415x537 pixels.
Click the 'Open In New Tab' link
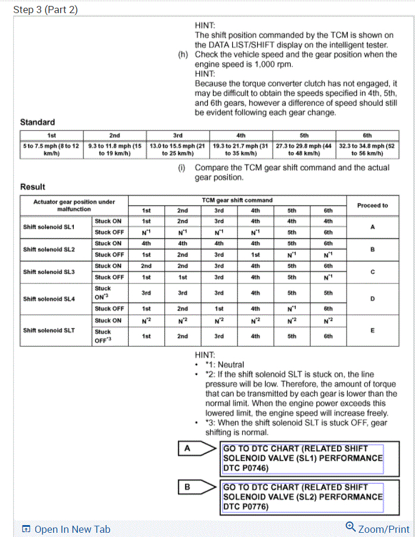(x=66, y=529)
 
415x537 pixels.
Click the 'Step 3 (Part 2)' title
(x=45, y=10)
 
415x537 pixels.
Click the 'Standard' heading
(x=38, y=122)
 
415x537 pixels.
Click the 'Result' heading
(x=33, y=186)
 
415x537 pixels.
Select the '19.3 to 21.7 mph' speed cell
(x=241, y=149)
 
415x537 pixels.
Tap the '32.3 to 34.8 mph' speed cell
(x=367, y=149)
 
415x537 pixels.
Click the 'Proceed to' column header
(x=372, y=205)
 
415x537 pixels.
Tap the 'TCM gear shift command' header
(x=236, y=200)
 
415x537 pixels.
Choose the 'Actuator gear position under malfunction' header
(x=74, y=205)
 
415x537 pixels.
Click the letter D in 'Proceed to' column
(x=372, y=299)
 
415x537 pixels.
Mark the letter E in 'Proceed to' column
(x=372, y=329)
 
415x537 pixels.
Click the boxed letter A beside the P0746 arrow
(x=187, y=449)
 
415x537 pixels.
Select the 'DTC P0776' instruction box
(x=302, y=497)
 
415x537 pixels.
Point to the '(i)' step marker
(x=182, y=168)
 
